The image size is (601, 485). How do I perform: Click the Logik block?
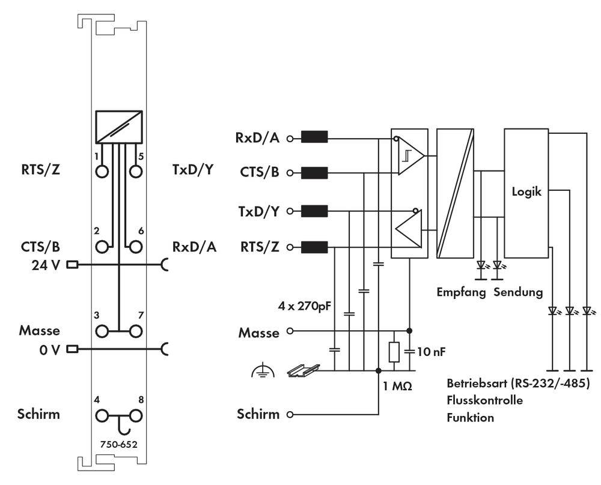[526, 193]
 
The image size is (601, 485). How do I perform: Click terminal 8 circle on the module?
[137, 415]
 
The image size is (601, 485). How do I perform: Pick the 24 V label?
[46, 264]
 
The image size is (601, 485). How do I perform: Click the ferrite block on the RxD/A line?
[314, 138]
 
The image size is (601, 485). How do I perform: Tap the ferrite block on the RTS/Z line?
[314, 247]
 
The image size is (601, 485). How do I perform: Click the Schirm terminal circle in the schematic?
[290, 414]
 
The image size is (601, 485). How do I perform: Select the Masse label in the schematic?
[260, 332]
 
